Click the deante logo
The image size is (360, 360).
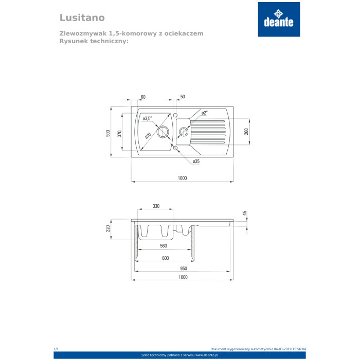pyautogui.click(x=279, y=20)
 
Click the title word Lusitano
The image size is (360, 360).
pyautogui.click(x=82, y=17)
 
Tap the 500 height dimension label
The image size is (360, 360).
pyautogui.click(x=108, y=133)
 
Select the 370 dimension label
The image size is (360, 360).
pyautogui.click(x=119, y=134)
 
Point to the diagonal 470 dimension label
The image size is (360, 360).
pyautogui.click(x=148, y=136)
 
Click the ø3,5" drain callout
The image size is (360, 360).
pyautogui.click(x=147, y=118)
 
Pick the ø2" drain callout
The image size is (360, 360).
pyautogui.click(x=204, y=113)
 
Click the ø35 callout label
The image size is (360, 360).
pyautogui.click(x=196, y=161)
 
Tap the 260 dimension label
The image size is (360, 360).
pyautogui.click(x=246, y=132)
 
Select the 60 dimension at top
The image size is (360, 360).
pyautogui.click(x=143, y=97)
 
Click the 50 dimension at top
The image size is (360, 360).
pyautogui.click(x=183, y=97)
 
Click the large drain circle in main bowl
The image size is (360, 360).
pyautogui.click(x=163, y=132)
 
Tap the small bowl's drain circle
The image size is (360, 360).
pyautogui.click(x=184, y=132)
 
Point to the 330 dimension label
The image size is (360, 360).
pyautogui.click(x=156, y=206)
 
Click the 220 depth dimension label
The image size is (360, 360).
pyautogui.click(x=108, y=228)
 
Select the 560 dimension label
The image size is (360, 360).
pyautogui.click(x=163, y=246)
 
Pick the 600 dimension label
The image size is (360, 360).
pyautogui.click(x=165, y=258)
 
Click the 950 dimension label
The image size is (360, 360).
pyautogui.click(x=184, y=268)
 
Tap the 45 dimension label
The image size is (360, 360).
pyautogui.click(x=244, y=213)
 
